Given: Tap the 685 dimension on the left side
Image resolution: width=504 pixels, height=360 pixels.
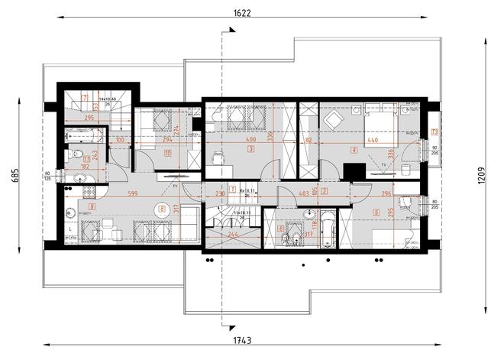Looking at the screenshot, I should coord(13,177).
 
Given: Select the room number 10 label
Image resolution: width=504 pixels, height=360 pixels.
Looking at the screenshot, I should coord(166,151).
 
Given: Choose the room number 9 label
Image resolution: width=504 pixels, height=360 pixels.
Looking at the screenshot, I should coord(92,206).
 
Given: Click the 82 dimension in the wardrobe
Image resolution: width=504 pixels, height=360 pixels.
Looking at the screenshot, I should coord(309,141).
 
